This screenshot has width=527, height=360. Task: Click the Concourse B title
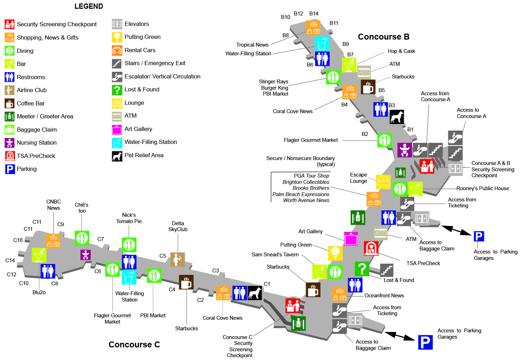tap(384, 37)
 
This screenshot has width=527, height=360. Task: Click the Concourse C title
tap(134, 345)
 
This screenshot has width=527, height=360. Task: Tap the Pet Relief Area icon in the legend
tap(117, 156)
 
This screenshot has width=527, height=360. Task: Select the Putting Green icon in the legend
tap(117, 37)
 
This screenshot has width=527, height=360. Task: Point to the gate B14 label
tap(314, 14)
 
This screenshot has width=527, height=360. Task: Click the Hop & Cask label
tap(401, 51)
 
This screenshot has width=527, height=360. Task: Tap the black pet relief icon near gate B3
tap(396, 117)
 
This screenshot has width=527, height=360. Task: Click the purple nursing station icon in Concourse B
tap(405, 150)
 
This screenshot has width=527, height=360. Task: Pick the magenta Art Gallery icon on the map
tap(351, 239)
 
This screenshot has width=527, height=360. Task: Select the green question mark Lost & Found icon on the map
tap(362, 269)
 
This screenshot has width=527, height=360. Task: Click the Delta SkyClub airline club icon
tap(177, 259)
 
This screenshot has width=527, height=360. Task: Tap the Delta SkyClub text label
tap(178, 226)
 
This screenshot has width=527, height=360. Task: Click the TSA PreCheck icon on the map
tap(371, 248)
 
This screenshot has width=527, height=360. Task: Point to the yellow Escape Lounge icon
tap(383, 182)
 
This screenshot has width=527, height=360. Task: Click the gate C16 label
tap(18, 240)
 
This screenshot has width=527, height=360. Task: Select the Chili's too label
tap(82, 208)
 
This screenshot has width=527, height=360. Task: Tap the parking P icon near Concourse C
tap(425, 342)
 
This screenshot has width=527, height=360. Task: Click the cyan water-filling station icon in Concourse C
tap(129, 277)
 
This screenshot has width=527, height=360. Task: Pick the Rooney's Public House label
tap(483, 188)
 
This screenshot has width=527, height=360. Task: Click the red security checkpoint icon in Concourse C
tap(293, 306)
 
